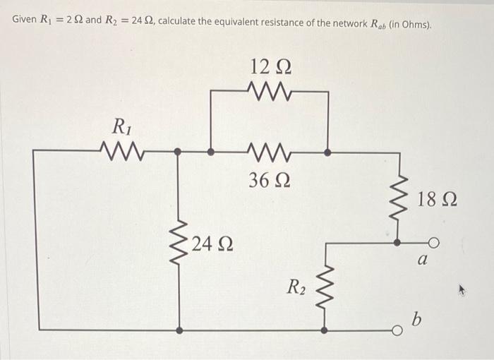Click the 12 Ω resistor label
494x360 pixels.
(x=271, y=68)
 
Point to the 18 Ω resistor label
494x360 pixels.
(x=436, y=199)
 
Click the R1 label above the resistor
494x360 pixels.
(x=121, y=127)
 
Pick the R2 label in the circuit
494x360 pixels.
(x=296, y=287)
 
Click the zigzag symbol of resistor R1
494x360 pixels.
(x=123, y=150)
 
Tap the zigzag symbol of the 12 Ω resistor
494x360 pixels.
(x=269, y=90)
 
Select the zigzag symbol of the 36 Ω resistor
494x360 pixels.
(x=269, y=151)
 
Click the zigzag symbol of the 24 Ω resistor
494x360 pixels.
(x=177, y=244)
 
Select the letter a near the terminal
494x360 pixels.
(x=423, y=260)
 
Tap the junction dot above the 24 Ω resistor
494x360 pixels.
(x=177, y=151)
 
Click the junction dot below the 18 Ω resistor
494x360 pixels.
(x=397, y=242)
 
